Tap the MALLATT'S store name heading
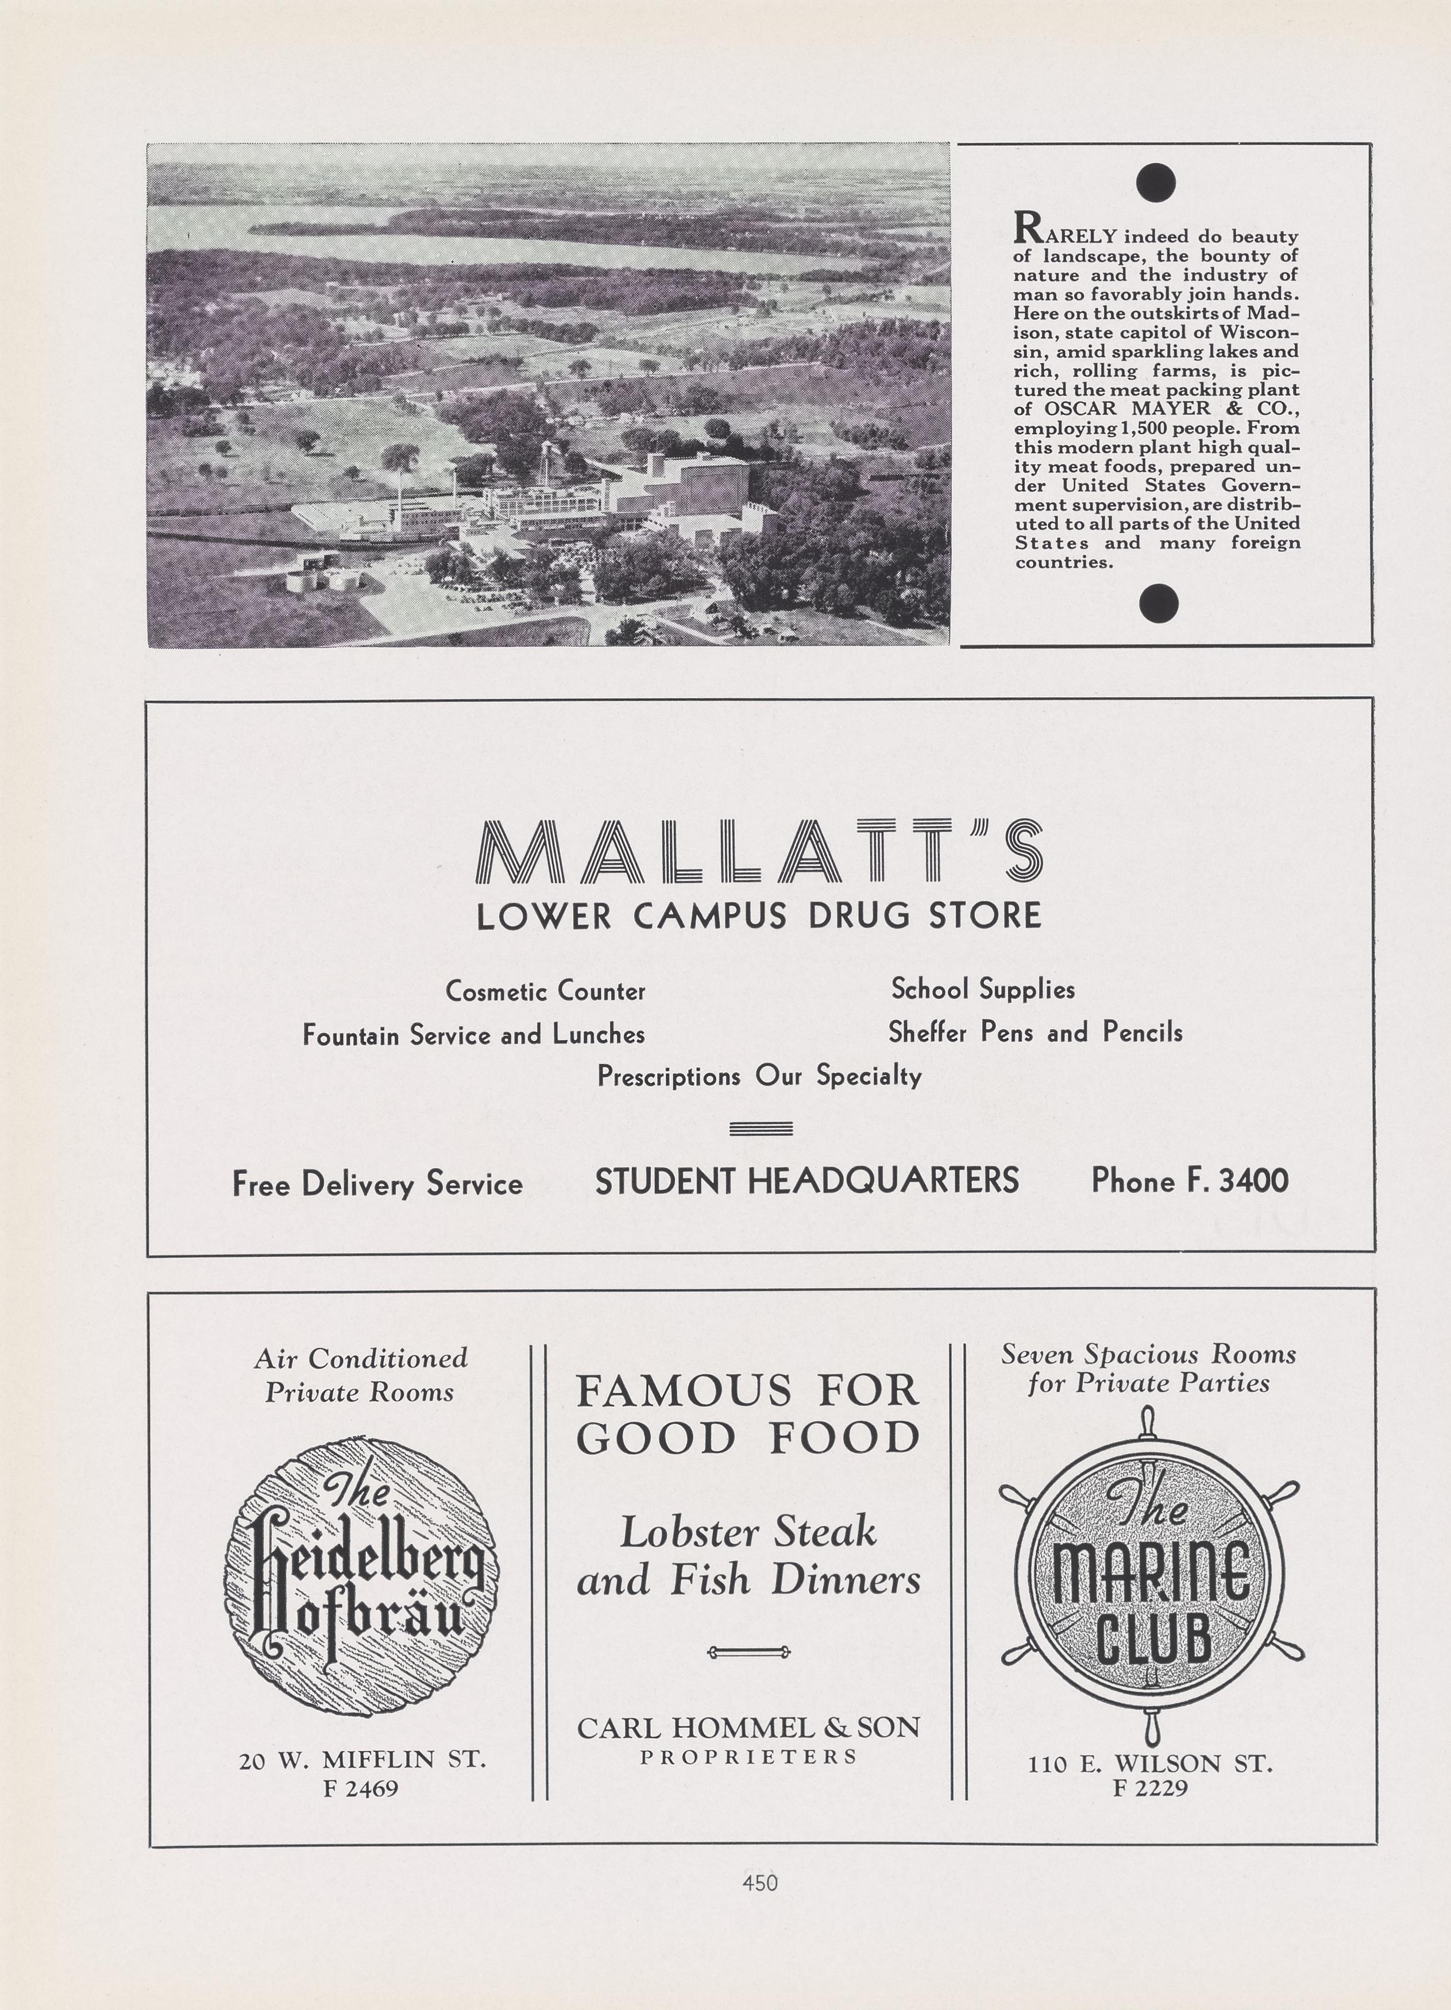[759, 852]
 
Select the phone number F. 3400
[1190, 1181]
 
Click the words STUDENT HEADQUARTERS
[806, 1181]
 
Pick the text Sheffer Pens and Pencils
[1035, 1033]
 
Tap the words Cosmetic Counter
[545, 991]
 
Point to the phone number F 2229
[1149, 1788]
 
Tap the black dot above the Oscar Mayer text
[1156, 183]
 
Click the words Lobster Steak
[748, 1532]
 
